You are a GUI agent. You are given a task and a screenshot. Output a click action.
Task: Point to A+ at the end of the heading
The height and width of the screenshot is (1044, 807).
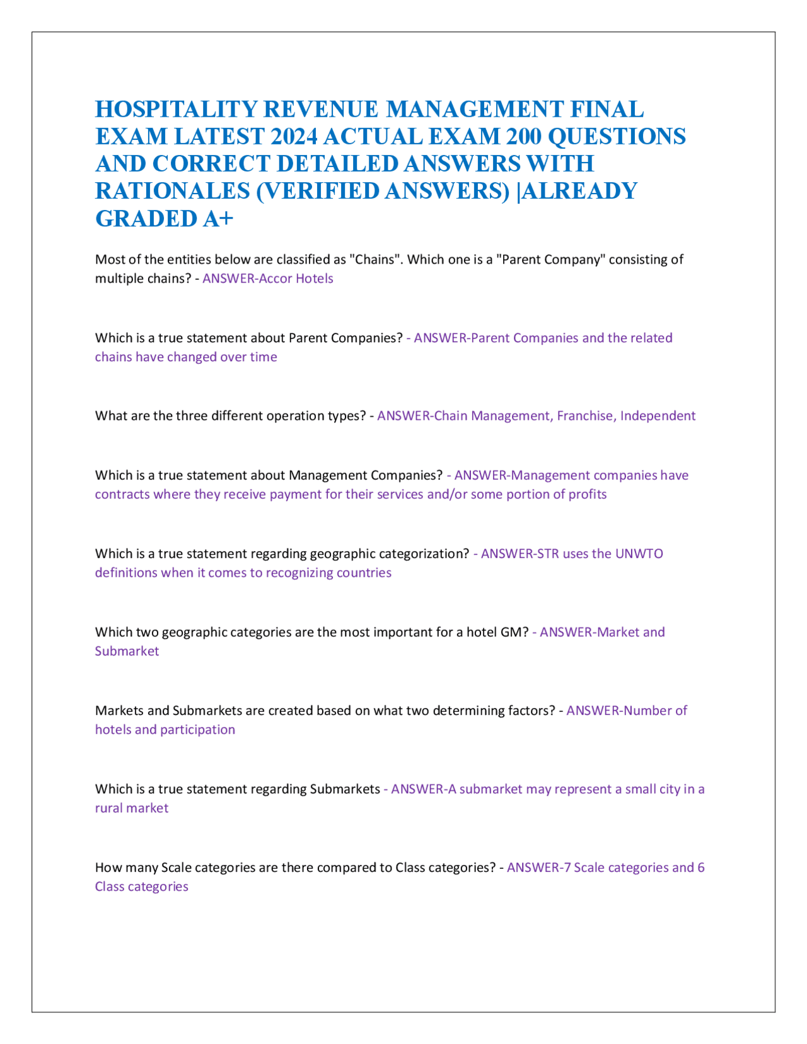pyautogui.click(x=218, y=218)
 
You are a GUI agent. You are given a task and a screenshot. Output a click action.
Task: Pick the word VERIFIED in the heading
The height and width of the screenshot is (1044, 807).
pyautogui.click(x=321, y=191)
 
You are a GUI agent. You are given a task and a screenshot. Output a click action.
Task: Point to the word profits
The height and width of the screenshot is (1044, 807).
pyautogui.click(x=587, y=494)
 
